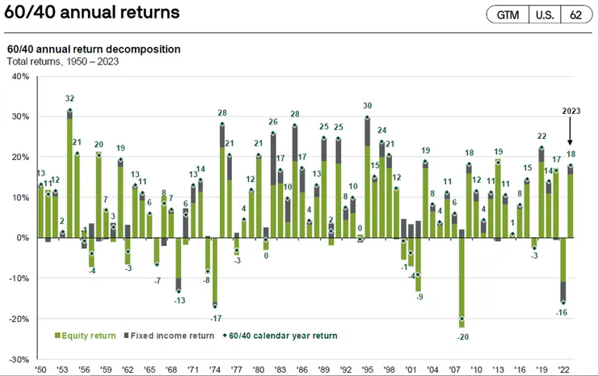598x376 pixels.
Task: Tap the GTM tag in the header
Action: tap(507, 15)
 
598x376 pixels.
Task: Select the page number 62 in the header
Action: tap(575, 15)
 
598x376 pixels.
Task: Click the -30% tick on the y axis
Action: tap(17, 359)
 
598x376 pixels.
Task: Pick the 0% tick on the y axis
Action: tap(20, 238)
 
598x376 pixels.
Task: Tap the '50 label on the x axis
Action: tap(40, 370)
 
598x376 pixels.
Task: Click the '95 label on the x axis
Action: tap(368, 370)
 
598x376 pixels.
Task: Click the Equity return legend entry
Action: tap(85, 336)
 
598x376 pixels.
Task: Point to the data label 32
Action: tap(69, 99)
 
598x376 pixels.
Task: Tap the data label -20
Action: tap(461, 336)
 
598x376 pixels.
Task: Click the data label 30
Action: tap(367, 106)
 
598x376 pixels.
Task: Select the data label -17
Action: tap(214, 318)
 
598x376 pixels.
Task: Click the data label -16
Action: tap(562, 313)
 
